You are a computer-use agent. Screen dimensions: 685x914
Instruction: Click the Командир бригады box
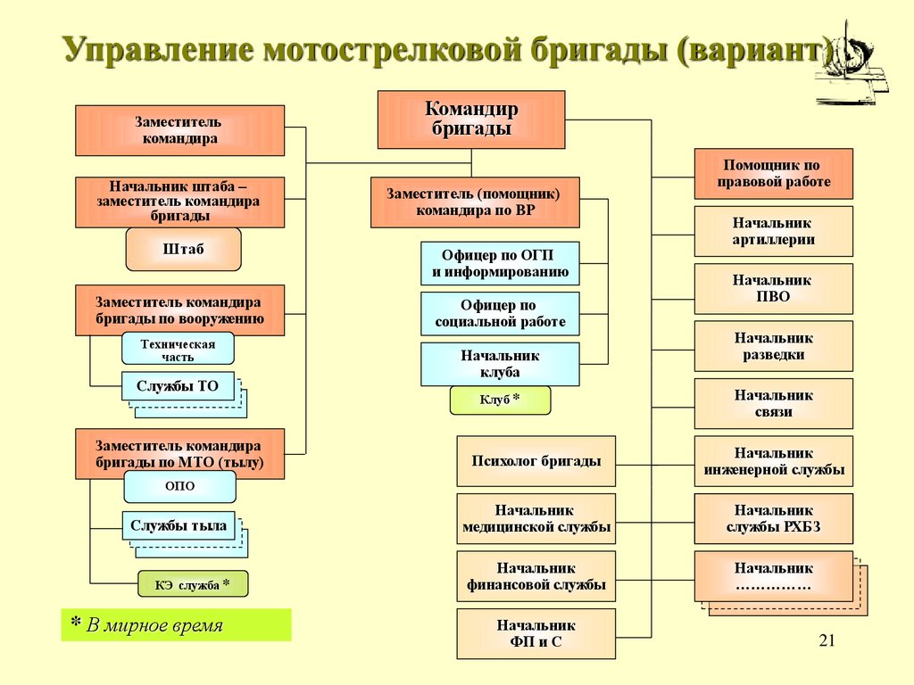pos(470,119)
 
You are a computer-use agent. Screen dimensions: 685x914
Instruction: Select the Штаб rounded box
pos(183,249)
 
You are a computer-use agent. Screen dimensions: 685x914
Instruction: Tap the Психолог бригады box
pos(536,461)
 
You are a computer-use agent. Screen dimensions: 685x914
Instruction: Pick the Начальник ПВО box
pos(773,288)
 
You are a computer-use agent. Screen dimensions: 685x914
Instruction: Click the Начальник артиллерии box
pos(773,231)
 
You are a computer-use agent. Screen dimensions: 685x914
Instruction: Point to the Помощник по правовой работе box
pos(773,173)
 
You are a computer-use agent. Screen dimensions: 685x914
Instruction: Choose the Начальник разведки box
pos(773,346)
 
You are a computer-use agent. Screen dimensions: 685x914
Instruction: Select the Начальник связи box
pos(773,403)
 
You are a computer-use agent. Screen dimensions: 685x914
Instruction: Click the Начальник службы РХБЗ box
pos(773,518)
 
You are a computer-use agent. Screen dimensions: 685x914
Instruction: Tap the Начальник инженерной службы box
pos(773,461)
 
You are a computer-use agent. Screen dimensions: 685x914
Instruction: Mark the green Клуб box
pos(500,400)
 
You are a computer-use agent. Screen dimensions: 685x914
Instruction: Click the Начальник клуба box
pos(500,364)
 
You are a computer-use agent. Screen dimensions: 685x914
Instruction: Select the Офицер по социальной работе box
pos(500,313)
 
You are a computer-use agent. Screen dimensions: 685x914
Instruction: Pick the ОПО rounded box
pos(179,486)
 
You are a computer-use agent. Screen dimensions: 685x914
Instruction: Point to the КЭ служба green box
pos(192,584)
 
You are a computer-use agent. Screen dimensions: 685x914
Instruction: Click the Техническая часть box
pos(178,349)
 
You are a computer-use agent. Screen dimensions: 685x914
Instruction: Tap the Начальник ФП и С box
pos(536,633)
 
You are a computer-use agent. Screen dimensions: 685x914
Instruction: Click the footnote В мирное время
pos(154,625)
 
